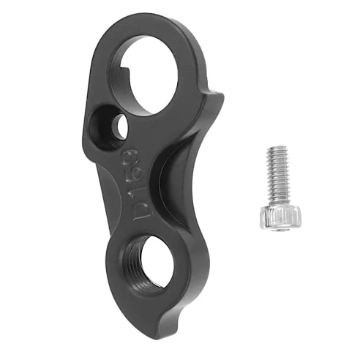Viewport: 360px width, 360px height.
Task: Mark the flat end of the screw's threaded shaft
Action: (273, 149)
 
